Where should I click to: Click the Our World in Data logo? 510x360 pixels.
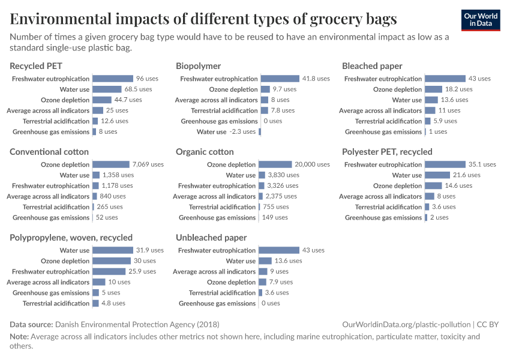coord(481,20)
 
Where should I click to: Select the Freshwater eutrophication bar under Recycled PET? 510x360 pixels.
coord(113,79)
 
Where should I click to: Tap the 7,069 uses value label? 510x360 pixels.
coord(148,164)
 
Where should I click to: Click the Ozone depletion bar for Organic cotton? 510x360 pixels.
coord(275,164)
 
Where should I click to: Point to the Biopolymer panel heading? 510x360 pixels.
coord(198,66)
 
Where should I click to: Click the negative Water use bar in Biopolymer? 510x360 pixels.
coord(260,132)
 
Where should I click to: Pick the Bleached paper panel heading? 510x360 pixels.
coord(372,66)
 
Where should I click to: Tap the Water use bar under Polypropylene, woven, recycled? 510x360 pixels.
coord(113,250)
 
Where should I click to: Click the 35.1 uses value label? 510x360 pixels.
coord(482,164)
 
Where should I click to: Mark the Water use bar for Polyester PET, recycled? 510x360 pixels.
coord(437,175)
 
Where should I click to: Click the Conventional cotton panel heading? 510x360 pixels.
coord(49,152)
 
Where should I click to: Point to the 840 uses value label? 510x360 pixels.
coord(113,196)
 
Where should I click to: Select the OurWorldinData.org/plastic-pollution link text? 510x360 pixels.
coord(406,325)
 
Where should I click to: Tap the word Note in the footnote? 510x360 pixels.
coord(19,337)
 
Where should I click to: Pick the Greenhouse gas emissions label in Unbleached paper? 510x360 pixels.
coord(217,304)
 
